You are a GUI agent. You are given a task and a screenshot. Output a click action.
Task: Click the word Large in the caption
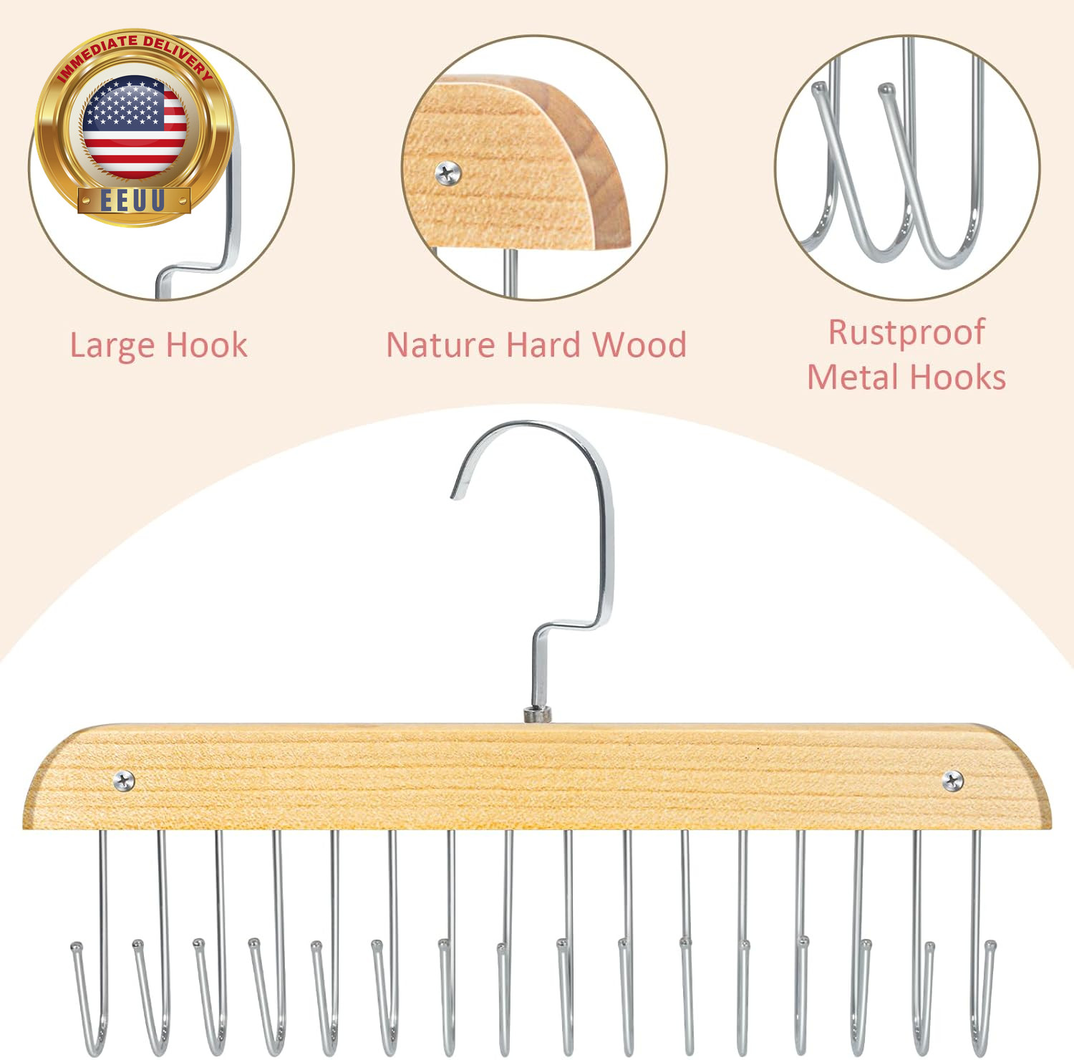112,347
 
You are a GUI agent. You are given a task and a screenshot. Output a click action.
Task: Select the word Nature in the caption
441,344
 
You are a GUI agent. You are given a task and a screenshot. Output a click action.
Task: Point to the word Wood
639,344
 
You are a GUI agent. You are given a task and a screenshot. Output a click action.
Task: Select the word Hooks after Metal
959,377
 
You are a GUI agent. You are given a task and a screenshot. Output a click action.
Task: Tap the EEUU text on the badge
133,201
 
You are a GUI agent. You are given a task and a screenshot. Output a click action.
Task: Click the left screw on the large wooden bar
124,781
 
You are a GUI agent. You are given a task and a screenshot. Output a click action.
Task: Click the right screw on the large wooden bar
952,781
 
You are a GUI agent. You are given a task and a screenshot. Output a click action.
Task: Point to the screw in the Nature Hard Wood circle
448,173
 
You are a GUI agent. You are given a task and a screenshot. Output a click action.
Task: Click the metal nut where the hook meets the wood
538,714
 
